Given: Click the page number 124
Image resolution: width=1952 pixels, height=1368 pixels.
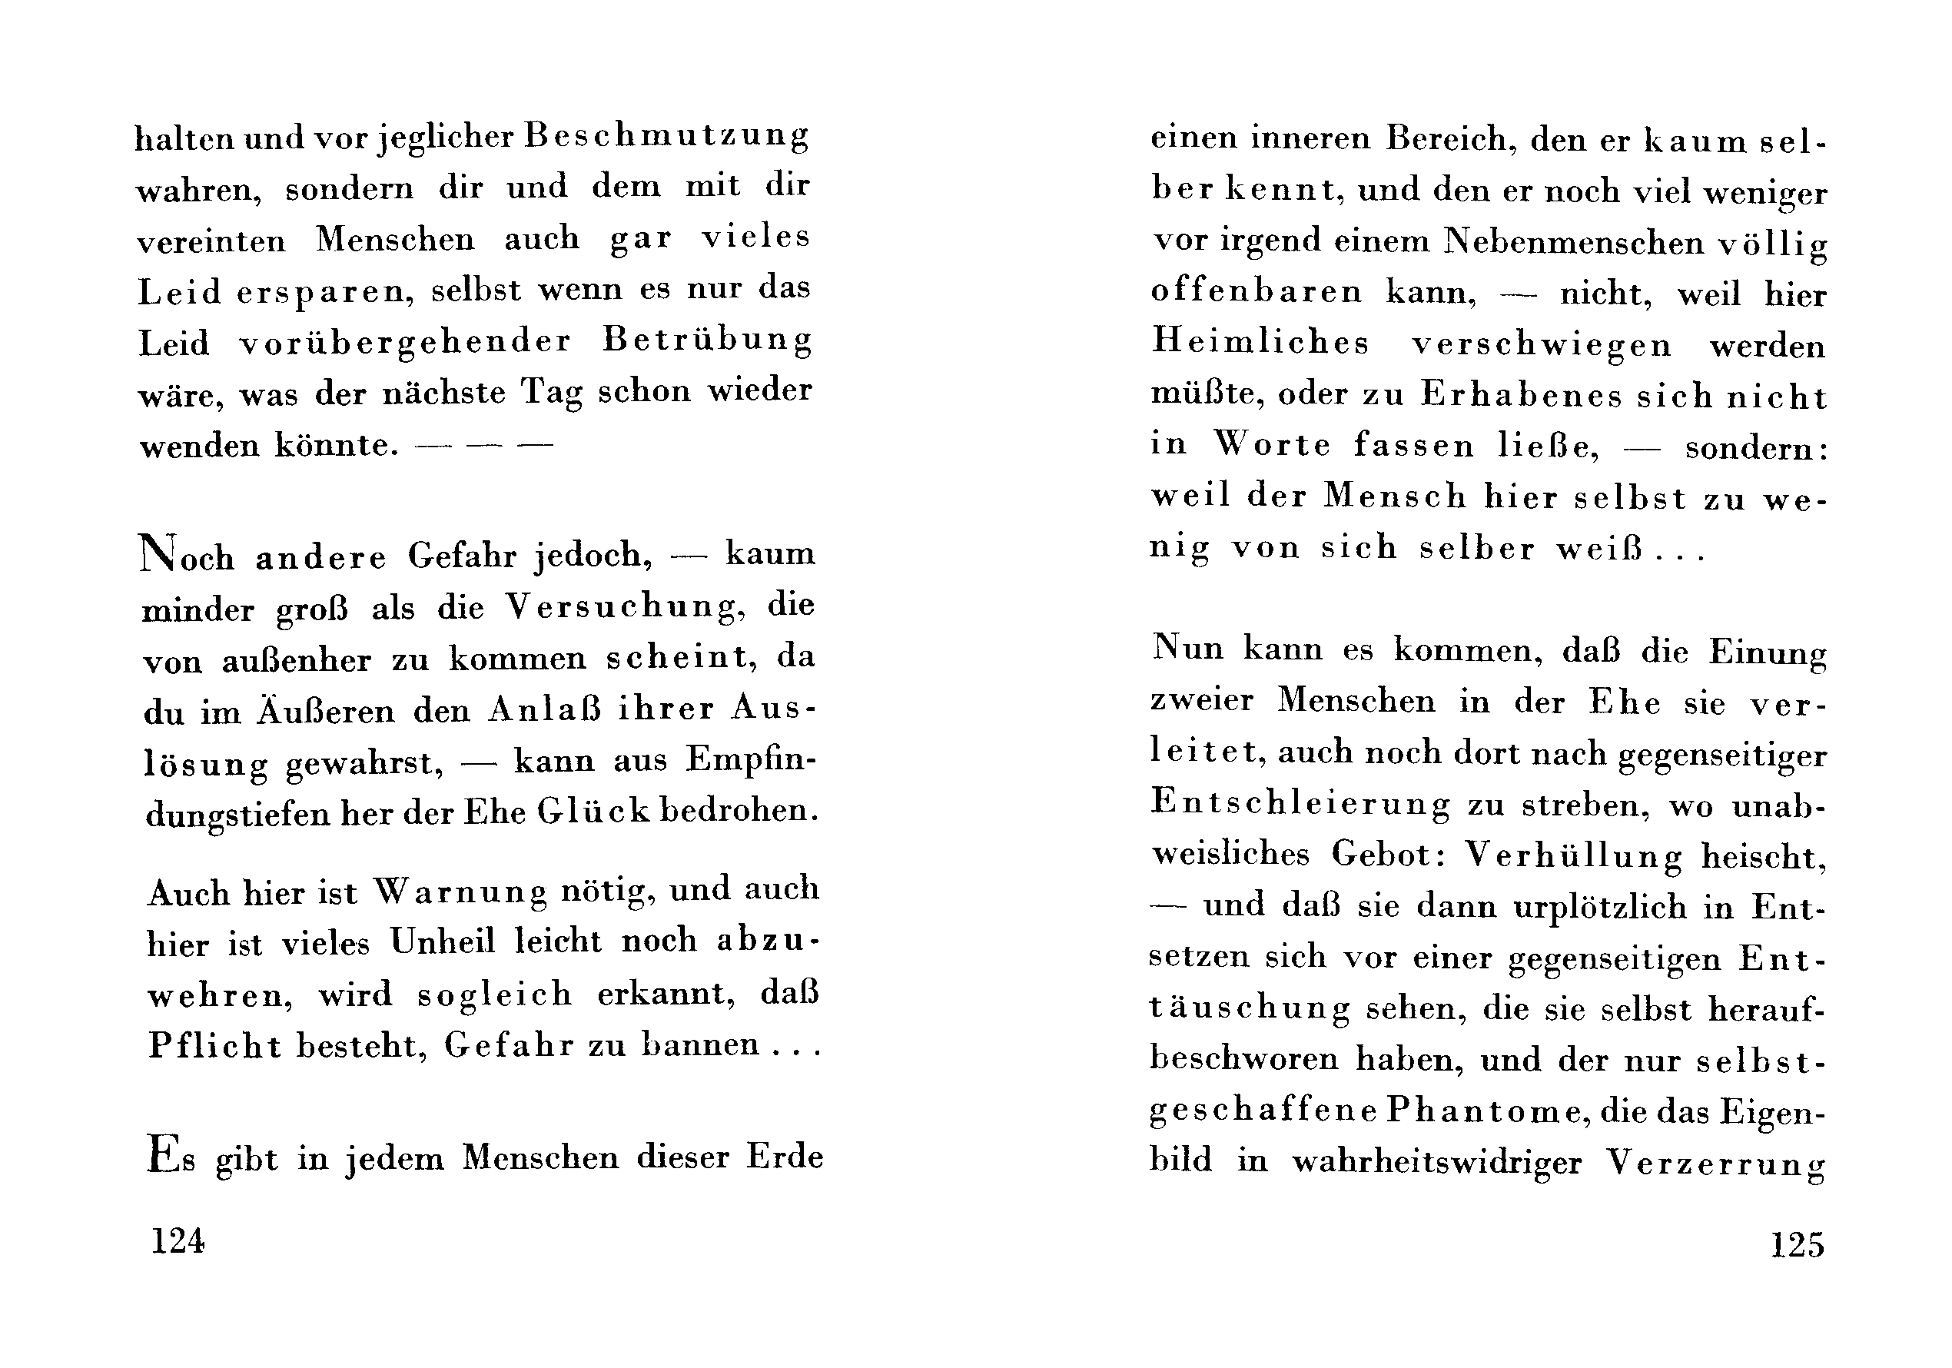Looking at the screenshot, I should [178, 1240].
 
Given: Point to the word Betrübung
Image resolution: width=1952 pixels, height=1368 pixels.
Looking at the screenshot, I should [707, 340].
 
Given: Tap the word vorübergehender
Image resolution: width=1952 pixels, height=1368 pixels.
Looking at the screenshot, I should [405, 342].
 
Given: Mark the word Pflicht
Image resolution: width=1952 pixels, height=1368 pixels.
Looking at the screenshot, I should [214, 1045].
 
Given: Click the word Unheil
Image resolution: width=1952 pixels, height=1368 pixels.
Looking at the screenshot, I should [442, 942].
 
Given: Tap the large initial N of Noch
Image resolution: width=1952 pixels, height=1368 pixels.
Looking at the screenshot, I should [158, 553].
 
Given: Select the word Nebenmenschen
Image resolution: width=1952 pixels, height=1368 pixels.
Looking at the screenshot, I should [1573, 242].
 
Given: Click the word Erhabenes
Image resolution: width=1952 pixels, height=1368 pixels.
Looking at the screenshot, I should [1521, 395].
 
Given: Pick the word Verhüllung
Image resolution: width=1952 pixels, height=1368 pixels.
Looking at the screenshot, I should [1573, 855].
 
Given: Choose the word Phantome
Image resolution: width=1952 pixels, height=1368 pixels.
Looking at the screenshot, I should [1487, 1111].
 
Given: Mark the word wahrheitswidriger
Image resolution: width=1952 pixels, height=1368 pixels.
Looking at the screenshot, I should [1437, 1162].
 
